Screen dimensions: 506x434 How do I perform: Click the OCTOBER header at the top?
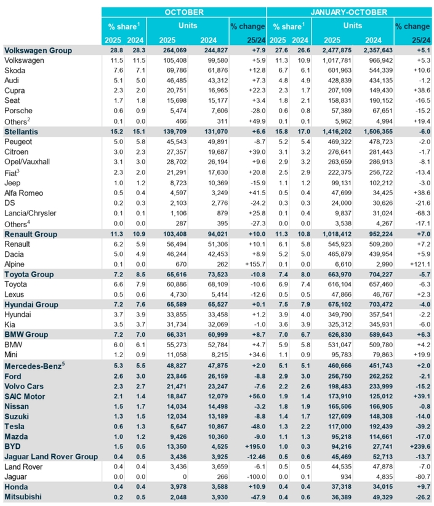tap(185, 12)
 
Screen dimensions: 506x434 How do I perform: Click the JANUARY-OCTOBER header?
tap(348, 12)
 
